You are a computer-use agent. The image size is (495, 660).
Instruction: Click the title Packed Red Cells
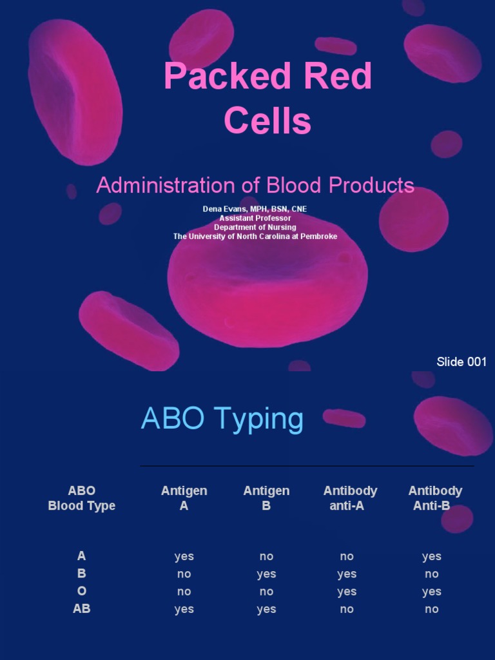[267, 98]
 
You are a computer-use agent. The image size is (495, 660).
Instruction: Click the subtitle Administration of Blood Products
[255, 186]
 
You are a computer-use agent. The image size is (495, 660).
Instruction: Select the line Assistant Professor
[255, 218]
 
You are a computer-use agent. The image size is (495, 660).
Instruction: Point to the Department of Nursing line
[255, 228]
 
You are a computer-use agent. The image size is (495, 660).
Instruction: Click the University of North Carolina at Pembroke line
[255, 237]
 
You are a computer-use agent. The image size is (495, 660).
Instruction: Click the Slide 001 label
[461, 362]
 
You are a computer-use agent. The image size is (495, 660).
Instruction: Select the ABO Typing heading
[222, 419]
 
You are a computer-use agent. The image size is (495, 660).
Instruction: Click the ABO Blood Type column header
[82, 498]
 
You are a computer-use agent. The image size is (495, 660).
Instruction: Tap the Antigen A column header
[184, 498]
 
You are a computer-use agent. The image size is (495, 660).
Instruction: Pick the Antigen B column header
[266, 498]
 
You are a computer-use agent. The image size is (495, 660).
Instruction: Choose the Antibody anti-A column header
[350, 498]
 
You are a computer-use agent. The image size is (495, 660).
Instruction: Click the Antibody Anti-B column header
[435, 498]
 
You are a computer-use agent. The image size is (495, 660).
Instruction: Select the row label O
[82, 592]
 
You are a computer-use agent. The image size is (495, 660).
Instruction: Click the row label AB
[82, 609]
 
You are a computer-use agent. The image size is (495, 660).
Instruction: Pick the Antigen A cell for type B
[184, 574]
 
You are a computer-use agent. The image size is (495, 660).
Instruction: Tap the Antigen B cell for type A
[266, 557]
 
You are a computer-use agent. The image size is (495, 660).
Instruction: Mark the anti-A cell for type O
[347, 592]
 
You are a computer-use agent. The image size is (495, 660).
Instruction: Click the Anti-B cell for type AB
[432, 609]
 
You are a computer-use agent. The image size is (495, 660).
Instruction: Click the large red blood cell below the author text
[267, 290]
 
